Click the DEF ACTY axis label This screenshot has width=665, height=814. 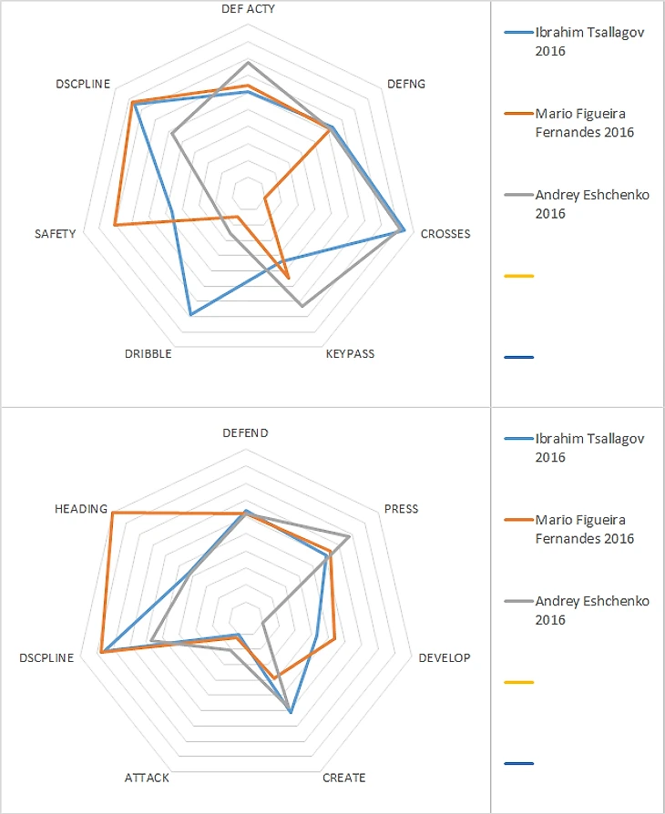(x=249, y=8)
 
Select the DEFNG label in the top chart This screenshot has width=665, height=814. (x=405, y=83)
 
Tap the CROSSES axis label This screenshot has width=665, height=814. (x=445, y=234)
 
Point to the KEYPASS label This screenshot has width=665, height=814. (x=350, y=354)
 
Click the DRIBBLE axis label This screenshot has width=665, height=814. (x=148, y=354)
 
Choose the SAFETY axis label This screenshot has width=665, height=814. (x=55, y=234)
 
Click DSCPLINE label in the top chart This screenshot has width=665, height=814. (x=83, y=84)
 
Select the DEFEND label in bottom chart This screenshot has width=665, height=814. (x=246, y=433)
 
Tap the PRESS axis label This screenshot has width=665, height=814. (x=402, y=508)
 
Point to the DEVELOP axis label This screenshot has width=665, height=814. (x=445, y=658)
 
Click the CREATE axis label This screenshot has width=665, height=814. (x=344, y=778)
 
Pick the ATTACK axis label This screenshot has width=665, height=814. (x=147, y=778)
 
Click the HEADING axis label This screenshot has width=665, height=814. (x=80, y=508)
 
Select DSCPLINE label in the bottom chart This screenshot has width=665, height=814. (x=46, y=658)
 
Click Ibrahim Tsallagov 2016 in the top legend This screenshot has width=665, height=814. (x=589, y=41)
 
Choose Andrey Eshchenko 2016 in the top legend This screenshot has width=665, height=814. (x=592, y=204)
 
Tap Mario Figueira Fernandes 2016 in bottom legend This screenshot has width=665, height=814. (x=584, y=529)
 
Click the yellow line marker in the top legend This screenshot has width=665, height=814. (x=518, y=275)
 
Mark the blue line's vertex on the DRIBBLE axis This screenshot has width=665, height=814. (x=190, y=314)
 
